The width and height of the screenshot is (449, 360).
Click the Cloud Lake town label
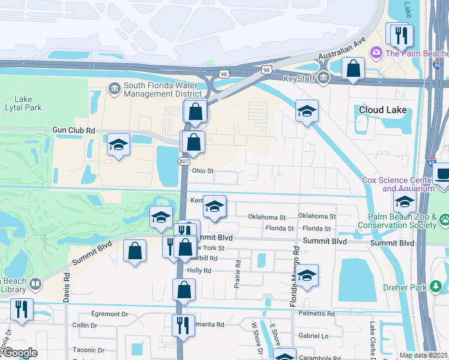382,110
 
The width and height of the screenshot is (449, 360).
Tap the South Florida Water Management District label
162,89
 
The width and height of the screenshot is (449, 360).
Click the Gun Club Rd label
74,130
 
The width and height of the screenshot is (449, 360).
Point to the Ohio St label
202,171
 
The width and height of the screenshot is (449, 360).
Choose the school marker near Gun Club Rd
118,145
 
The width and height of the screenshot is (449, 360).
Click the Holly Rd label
199,271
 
